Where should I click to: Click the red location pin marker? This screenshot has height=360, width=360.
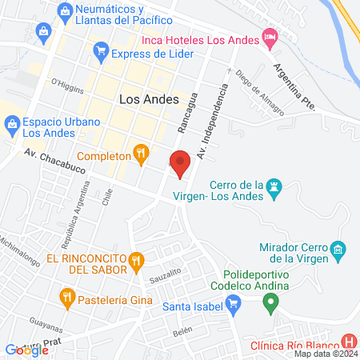[x=181, y=162]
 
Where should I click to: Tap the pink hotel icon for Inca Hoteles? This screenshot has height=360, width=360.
[x=270, y=38]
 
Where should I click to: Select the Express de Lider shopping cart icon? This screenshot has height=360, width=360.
[x=101, y=54]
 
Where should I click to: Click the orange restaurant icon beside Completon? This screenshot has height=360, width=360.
[x=141, y=150]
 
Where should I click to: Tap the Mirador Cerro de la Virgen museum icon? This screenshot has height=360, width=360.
[x=338, y=251]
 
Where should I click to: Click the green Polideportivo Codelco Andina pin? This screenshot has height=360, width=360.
[x=270, y=303]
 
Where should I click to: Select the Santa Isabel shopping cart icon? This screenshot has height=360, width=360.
[x=234, y=303]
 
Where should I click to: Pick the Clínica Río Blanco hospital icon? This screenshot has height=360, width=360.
[x=347, y=342]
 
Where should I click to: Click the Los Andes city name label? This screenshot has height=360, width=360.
[x=142, y=100]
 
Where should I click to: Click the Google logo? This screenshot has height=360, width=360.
[x=27, y=350]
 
